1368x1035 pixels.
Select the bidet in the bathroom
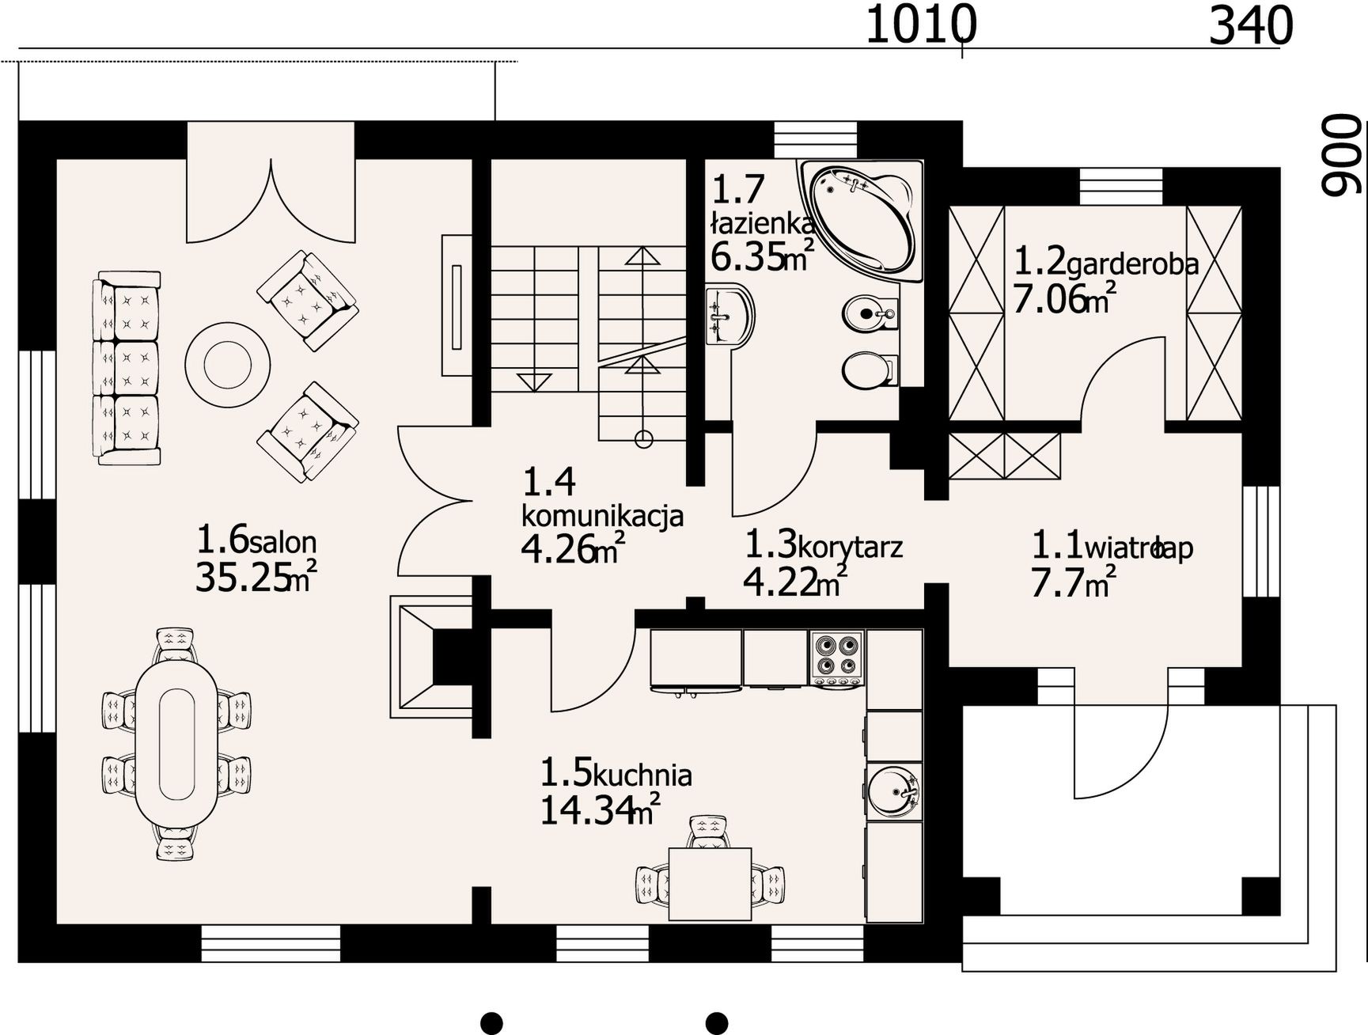(x=870, y=313)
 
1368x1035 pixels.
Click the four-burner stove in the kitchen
(x=837, y=658)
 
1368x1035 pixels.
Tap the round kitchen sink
(x=894, y=790)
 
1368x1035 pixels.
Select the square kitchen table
(x=710, y=883)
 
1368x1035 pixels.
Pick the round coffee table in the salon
(x=228, y=365)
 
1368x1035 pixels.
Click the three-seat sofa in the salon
(x=127, y=368)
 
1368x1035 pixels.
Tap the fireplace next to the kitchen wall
(x=430, y=657)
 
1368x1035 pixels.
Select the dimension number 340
(x=1251, y=25)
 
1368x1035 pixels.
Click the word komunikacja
(x=602, y=516)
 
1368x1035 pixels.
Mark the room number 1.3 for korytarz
(x=770, y=544)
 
